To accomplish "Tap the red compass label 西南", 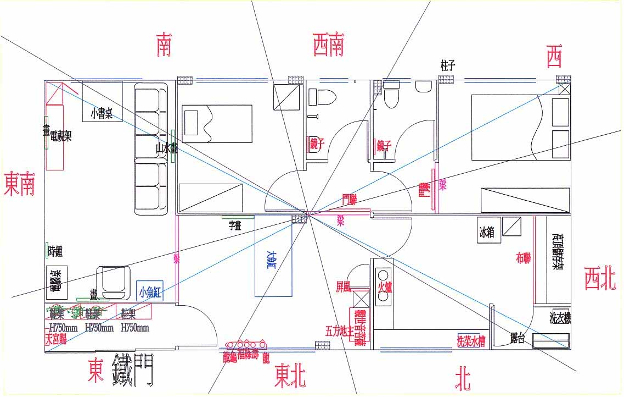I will [329, 45].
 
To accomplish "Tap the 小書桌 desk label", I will [102, 114].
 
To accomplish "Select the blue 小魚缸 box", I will [150, 291].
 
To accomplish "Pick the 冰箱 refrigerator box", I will [486, 233].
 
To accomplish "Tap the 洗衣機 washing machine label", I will [560, 318].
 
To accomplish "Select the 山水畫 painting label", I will [166, 148].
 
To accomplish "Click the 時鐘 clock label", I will [55, 252].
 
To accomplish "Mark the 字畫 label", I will [235, 224].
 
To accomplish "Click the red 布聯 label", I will [523, 257].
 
